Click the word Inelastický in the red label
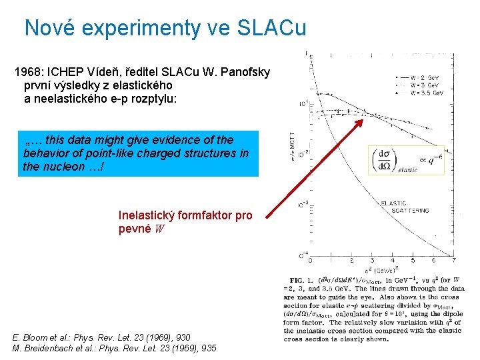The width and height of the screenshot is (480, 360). tap(146, 216)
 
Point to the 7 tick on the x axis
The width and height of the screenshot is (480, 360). tap(453, 260)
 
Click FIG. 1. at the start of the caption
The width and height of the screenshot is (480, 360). tap(299, 278)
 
